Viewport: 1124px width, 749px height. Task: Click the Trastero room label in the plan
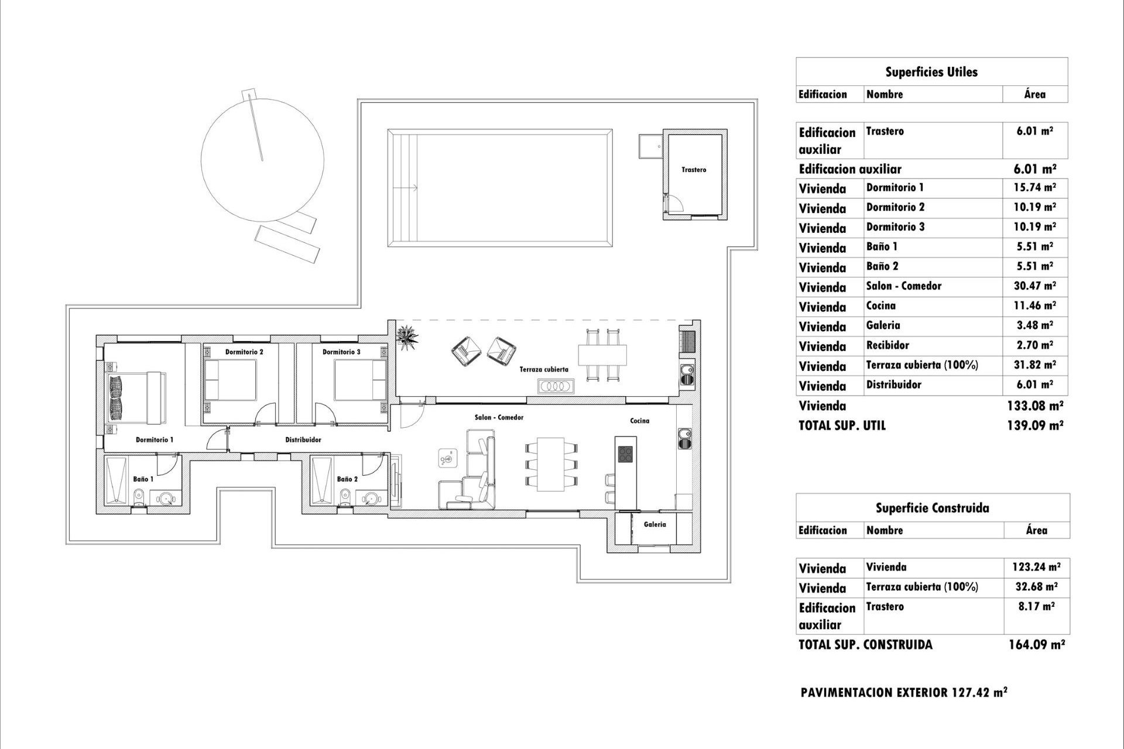click(694, 170)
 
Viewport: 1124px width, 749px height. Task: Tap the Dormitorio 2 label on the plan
click(244, 352)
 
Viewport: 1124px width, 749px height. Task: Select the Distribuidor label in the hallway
click(303, 439)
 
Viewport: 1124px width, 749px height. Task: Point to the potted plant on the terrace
click(407, 338)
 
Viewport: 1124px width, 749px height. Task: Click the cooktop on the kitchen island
click(625, 453)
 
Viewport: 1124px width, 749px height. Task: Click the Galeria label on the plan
click(654, 524)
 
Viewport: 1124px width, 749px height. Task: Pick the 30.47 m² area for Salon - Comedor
click(1036, 286)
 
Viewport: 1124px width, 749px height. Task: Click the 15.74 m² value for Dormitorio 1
click(1036, 188)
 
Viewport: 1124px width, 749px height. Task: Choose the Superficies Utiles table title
click(931, 72)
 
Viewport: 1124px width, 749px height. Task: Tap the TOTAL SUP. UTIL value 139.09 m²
click(1034, 425)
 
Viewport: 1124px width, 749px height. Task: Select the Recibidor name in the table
click(887, 345)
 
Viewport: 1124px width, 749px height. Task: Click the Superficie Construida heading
click(933, 508)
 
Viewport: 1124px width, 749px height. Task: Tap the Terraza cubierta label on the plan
click(544, 370)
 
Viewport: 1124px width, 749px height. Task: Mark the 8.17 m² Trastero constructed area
click(1036, 607)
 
